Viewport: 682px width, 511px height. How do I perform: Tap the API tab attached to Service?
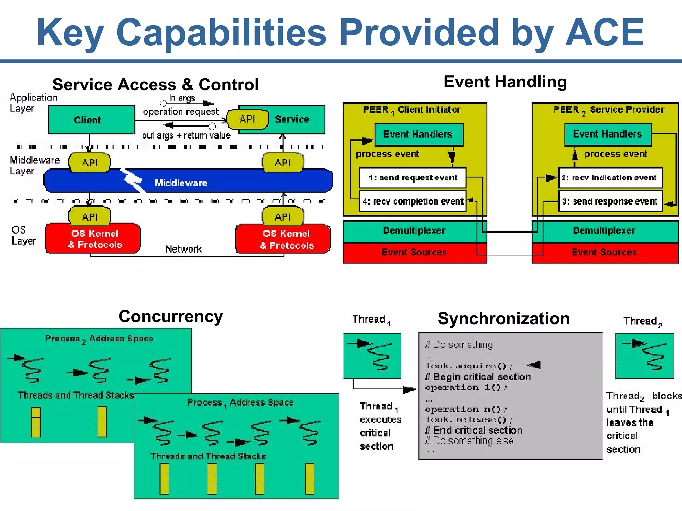pyautogui.click(x=248, y=119)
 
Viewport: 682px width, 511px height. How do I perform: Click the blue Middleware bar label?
pyautogui.click(x=181, y=182)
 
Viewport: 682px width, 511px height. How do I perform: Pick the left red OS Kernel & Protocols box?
pyautogui.click(x=93, y=239)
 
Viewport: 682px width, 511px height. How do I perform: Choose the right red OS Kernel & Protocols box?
pyautogui.click(x=284, y=239)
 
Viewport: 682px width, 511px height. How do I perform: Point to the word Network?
pyautogui.click(x=183, y=249)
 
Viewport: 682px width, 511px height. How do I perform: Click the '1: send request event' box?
pyautogui.click(x=412, y=178)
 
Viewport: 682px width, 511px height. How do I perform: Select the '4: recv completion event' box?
pyautogui.click(x=412, y=202)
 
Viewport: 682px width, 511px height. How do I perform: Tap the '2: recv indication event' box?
pyautogui.click(x=610, y=178)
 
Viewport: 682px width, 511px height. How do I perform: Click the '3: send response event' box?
pyautogui.click(x=610, y=202)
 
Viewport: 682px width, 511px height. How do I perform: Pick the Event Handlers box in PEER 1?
pyautogui.click(x=418, y=134)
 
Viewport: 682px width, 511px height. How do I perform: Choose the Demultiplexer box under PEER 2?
pyautogui.click(x=604, y=231)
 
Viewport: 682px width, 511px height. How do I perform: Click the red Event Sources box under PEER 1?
pyautogui.click(x=414, y=253)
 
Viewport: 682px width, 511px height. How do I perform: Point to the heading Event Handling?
pyautogui.click(x=505, y=82)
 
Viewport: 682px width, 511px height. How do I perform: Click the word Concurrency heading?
pyautogui.click(x=170, y=316)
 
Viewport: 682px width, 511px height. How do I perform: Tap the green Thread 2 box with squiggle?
pyautogui.click(x=645, y=356)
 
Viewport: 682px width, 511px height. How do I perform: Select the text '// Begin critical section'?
pyautogui.click(x=478, y=377)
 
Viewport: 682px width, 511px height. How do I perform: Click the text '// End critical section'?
pyautogui.click(x=474, y=430)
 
